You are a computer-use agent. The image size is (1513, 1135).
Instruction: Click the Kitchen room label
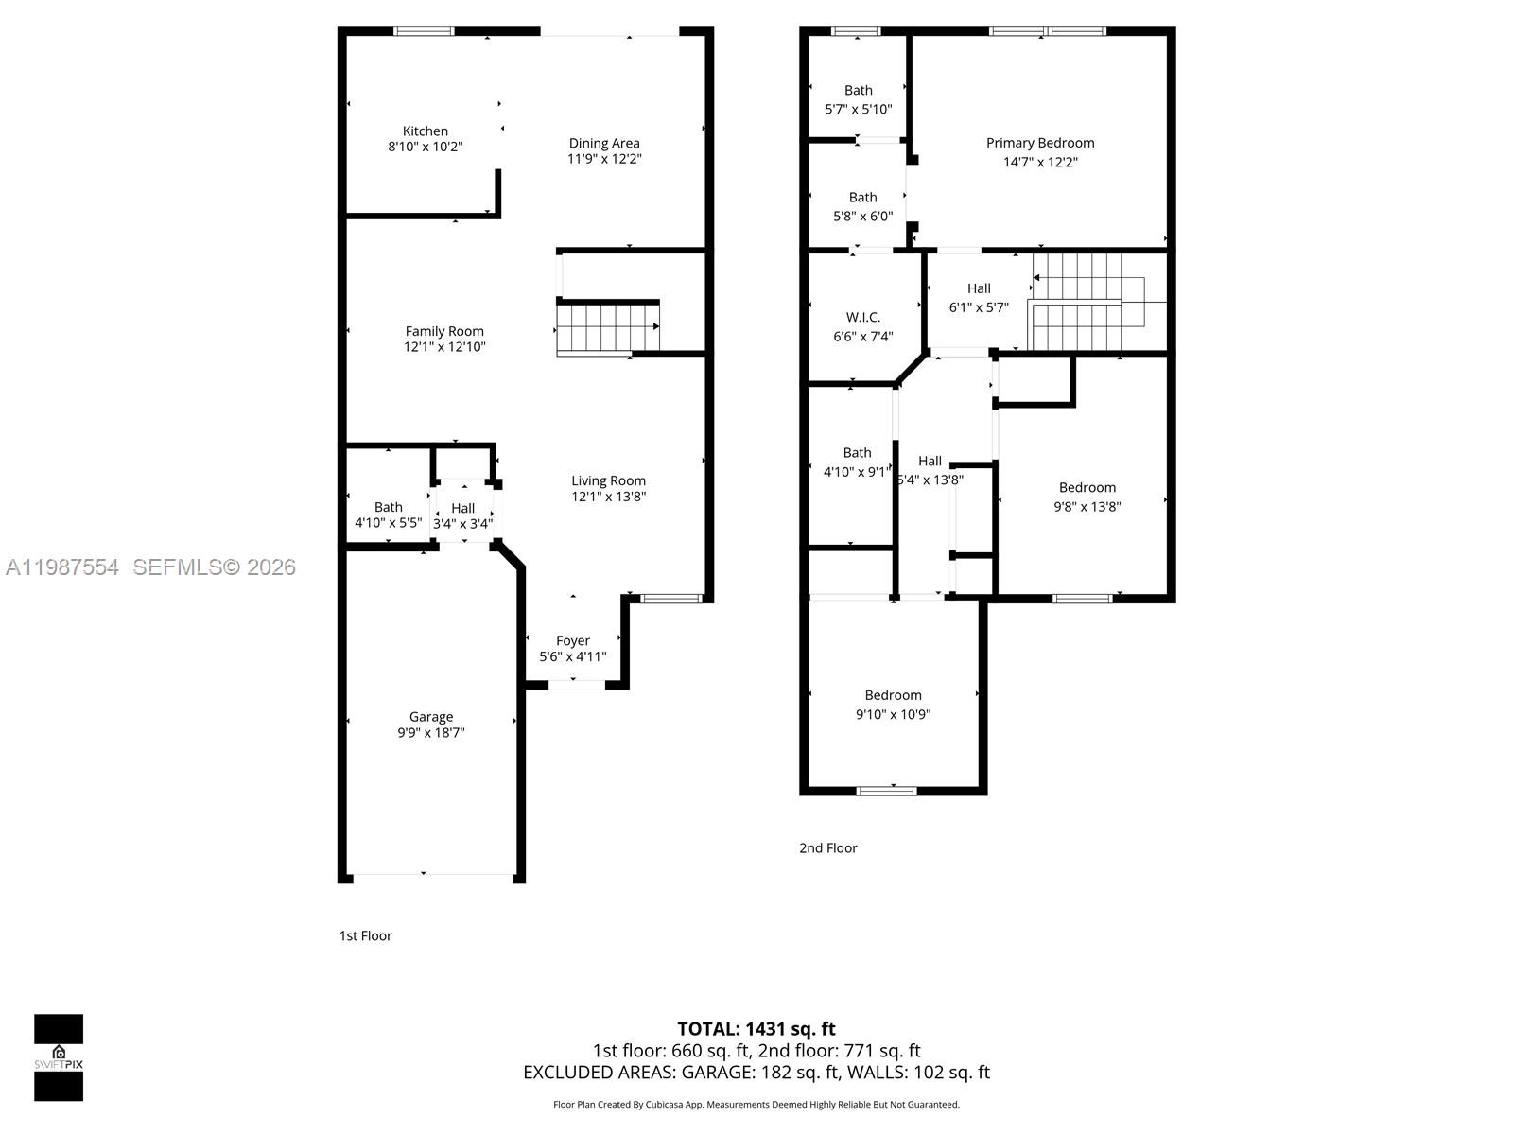[426, 131]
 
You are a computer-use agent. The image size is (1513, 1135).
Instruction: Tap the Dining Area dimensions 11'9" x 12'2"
[604, 159]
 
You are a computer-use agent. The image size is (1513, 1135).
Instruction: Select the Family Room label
[444, 331]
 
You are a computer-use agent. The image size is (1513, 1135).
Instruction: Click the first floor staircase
[606, 326]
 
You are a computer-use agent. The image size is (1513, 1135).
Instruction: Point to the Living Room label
[608, 480]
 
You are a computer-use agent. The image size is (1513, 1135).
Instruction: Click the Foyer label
[573, 641]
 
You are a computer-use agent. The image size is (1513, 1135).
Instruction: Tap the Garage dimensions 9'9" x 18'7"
[431, 733]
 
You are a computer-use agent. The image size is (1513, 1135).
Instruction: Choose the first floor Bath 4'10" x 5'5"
[388, 515]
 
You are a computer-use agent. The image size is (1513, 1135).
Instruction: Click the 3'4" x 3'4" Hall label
[462, 515]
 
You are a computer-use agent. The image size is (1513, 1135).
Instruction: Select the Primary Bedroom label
[1040, 143]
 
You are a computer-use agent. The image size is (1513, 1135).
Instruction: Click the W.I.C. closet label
[862, 318]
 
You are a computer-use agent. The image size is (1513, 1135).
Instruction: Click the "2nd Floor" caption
[827, 848]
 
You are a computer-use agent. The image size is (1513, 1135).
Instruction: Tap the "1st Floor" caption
[365, 936]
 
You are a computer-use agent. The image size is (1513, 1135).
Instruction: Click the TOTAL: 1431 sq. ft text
[756, 1029]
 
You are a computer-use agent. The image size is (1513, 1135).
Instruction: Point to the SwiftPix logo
[59, 1057]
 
